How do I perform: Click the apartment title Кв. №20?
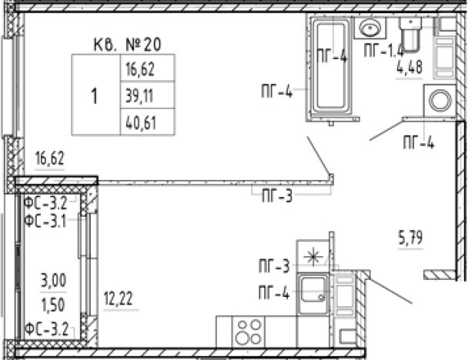point(128,45)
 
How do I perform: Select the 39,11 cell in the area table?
point(147,95)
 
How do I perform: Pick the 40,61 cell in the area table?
point(147,122)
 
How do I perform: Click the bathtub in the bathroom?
point(331,66)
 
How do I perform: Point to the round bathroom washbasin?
point(370,28)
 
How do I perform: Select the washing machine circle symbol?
point(440,100)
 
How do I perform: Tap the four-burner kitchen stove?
point(248,332)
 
